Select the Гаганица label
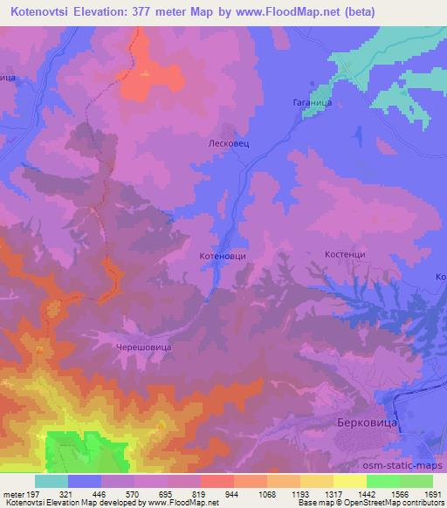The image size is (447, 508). (311, 102)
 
